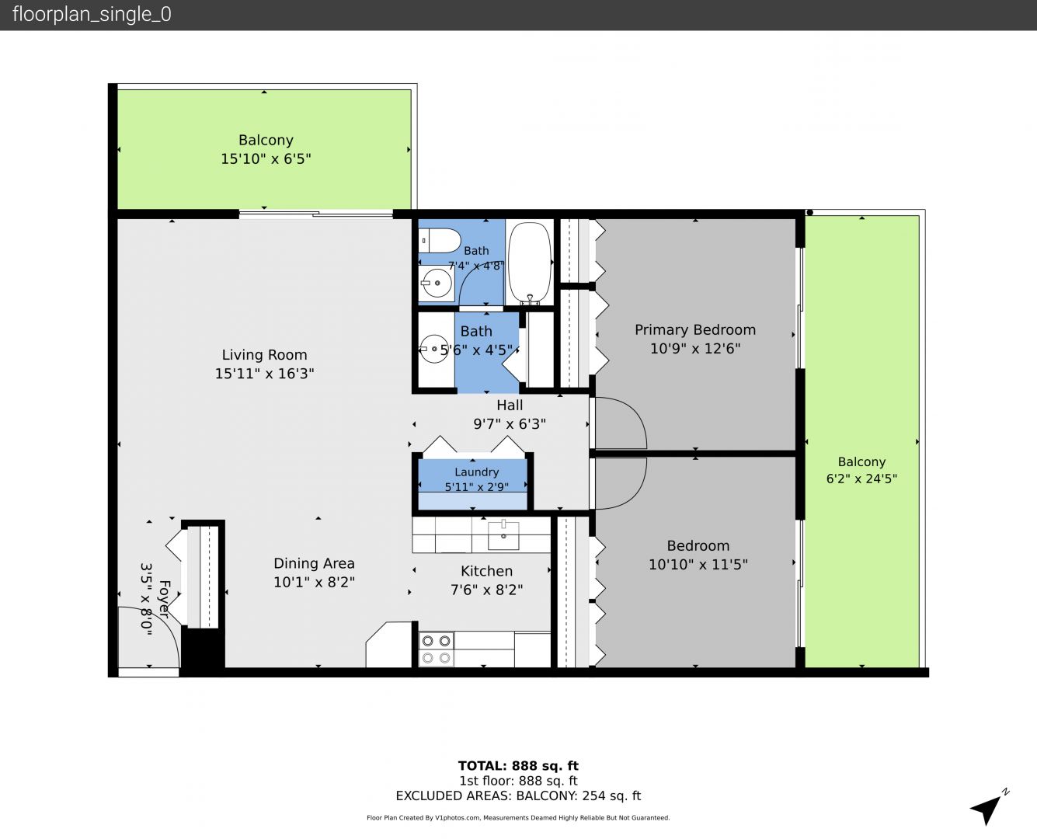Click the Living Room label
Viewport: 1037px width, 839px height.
tap(264, 355)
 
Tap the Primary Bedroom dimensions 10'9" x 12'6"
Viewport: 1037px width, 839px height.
tap(695, 349)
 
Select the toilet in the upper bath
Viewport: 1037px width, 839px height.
tap(440, 241)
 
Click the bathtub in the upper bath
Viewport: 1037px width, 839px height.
tap(529, 263)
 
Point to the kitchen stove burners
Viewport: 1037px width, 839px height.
tap(437, 649)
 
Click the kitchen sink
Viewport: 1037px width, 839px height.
tap(503, 534)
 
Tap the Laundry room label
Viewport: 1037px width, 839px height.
tap(477, 472)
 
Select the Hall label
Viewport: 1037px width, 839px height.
tap(510, 406)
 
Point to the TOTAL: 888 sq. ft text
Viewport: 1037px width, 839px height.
tap(518, 766)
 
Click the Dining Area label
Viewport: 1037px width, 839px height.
tap(314, 563)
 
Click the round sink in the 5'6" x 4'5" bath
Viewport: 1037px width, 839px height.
tap(433, 349)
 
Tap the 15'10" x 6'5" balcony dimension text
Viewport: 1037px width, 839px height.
tap(266, 158)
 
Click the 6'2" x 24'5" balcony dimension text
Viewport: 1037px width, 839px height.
tap(861, 479)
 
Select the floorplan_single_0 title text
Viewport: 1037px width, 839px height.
tap(92, 14)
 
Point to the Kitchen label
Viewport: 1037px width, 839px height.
tap(486, 571)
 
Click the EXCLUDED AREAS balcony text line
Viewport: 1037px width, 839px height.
tap(518, 795)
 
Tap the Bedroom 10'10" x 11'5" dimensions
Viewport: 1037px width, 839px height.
tap(698, 564)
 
